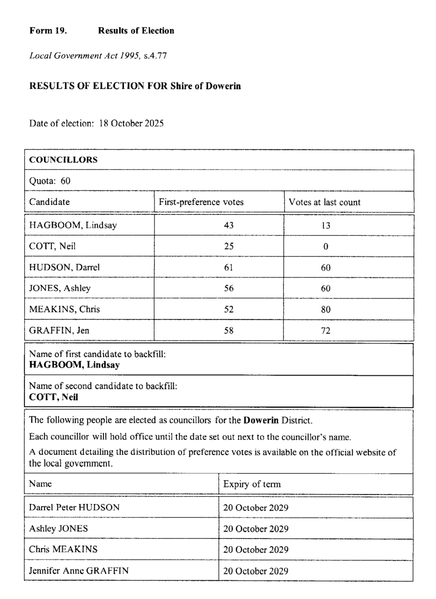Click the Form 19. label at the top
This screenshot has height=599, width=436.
coord(48,31)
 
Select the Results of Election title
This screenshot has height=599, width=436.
coord(136,31)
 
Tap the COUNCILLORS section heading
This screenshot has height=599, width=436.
coord(63,160)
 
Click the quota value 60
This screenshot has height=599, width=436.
coord(65,181)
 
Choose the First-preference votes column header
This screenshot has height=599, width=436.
coord(201,202)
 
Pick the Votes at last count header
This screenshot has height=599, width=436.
coord(324,202)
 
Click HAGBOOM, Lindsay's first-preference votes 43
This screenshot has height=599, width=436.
coord(228,225)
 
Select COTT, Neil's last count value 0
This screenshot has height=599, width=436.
coord(326,247)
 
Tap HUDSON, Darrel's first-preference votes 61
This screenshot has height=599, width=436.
coord(228,268)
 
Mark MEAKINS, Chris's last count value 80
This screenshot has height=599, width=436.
coord(326,309)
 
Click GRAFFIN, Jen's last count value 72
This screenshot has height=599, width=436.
coord(326,331)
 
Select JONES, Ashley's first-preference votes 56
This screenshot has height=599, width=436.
coord(228,288)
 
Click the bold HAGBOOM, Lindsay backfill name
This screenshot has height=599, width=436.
coord(74,365)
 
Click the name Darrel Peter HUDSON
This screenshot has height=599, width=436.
coord(74,507)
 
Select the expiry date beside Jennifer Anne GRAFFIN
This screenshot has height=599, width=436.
coord(255,571)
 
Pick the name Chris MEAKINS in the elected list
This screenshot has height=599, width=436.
coord(63,549)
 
